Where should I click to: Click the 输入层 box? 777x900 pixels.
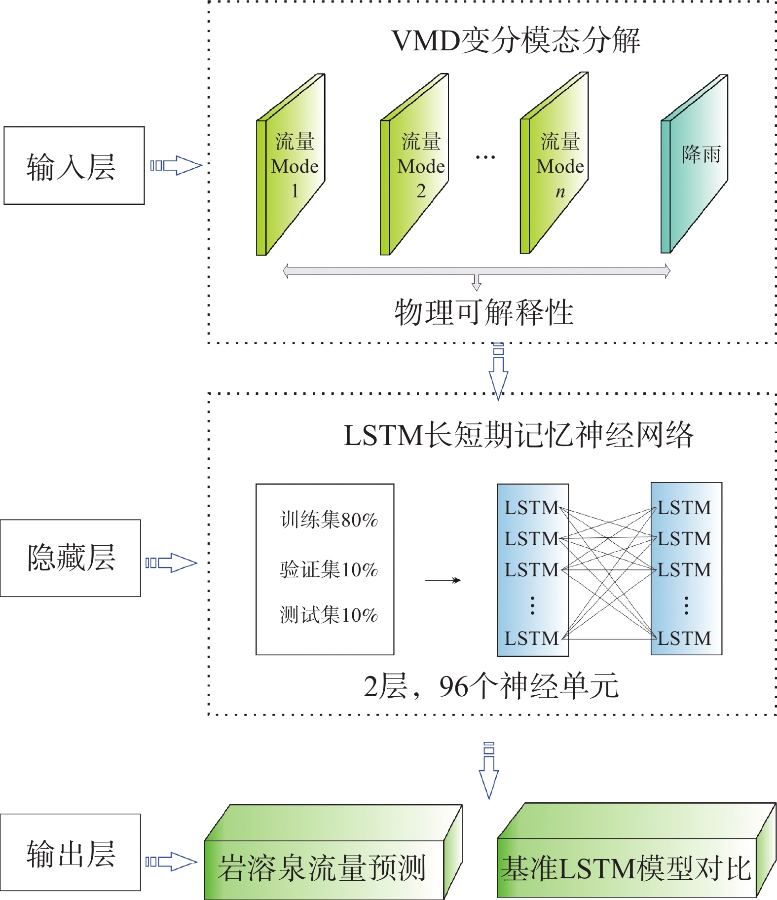click(74, 166)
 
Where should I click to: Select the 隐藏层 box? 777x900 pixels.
click(71, 558)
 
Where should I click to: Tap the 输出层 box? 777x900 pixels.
click(71, 852)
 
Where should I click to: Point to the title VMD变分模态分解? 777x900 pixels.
click(516, 40)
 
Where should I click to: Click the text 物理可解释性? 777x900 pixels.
click(483, 312)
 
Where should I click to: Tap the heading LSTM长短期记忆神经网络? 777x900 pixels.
click(518, 436)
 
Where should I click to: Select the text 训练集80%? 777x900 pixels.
click(329, 520)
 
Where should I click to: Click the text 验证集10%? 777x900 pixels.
click(329, 570)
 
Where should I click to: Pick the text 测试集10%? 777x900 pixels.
click(329, 615)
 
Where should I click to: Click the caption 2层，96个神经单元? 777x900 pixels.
click(491, 686)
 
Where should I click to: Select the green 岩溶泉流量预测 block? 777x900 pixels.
click(323, 868)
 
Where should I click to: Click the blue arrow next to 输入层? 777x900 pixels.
click(176, 165)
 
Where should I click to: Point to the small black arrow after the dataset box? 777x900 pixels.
click(443, 580)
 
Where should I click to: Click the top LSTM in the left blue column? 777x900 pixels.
click(531, 508)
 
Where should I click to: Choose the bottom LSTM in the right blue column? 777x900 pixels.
click(685, 638)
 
